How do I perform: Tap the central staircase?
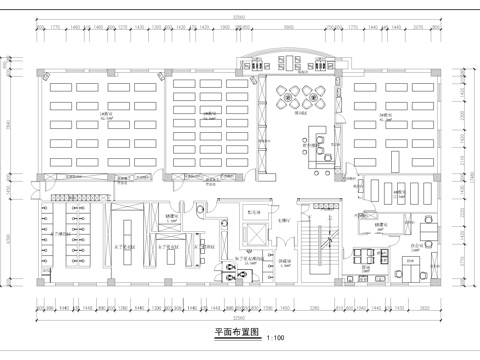324,245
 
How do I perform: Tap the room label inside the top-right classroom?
385,116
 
